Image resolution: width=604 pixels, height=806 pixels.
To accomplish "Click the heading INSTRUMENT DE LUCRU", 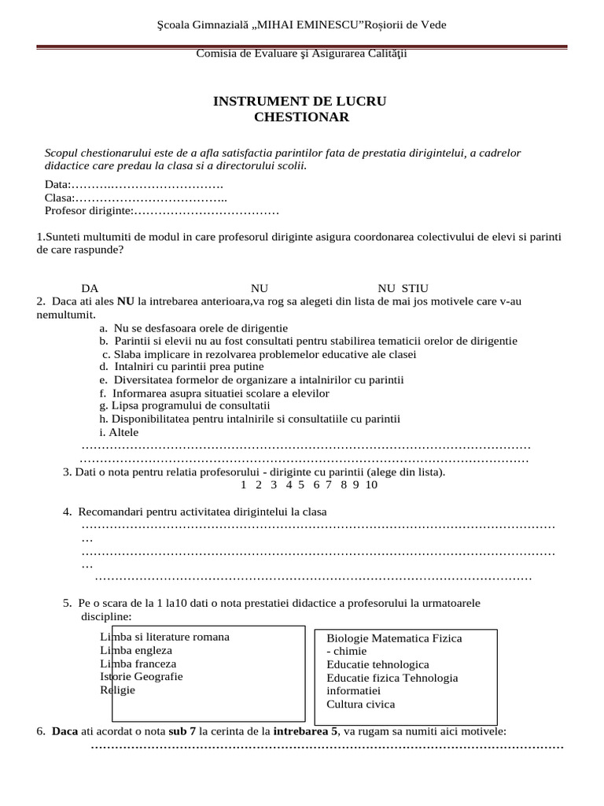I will pos(300,102).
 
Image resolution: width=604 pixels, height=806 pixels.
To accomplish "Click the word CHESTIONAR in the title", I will pos(301,117).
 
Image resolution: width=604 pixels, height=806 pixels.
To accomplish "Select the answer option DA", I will pos(90,288).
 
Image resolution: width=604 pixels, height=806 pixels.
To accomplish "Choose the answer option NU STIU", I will pos(403,288).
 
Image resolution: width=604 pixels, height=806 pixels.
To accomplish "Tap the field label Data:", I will pos(58,184).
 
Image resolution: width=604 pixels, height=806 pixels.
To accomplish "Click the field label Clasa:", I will pos(60,198).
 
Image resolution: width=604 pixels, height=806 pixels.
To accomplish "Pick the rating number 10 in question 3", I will pos(371,484).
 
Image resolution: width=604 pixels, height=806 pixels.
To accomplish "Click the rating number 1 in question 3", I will pos(244,484).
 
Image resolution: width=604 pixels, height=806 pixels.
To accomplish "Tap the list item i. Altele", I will pos(119,432).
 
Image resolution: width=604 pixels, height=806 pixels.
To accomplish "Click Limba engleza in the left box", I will pos(136,650).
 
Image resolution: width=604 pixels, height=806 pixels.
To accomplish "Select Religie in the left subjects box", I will pos(118,690).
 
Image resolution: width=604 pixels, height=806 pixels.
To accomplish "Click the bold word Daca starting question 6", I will pos(64,731).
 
